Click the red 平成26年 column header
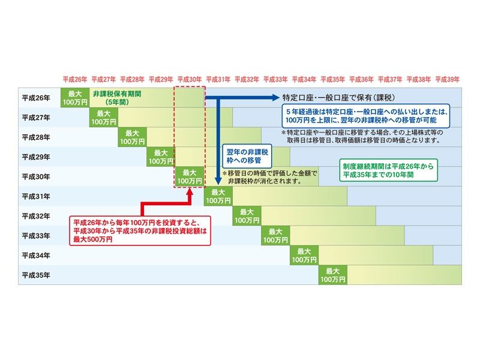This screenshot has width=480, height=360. click(x=75, y=79)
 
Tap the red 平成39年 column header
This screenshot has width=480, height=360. click(x=447, y=79)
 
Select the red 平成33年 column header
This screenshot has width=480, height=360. click(x=275, y=79)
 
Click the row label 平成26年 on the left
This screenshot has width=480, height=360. click(x=35, y=98)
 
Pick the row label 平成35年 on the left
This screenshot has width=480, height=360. click(x=35, y=275)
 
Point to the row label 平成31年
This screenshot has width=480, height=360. click(x=35, y=196)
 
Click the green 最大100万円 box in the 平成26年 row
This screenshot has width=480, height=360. click(x=75, y=98)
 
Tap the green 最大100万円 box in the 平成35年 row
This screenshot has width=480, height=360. click(x=333, y=275)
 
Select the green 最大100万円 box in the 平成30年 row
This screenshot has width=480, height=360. click(x=190, y=176)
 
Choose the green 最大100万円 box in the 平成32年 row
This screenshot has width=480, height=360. click(x=247, y=216)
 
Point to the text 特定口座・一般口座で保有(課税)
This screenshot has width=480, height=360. click(x=339, y=97)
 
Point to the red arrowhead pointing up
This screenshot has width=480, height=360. click(x=190, y=193)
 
